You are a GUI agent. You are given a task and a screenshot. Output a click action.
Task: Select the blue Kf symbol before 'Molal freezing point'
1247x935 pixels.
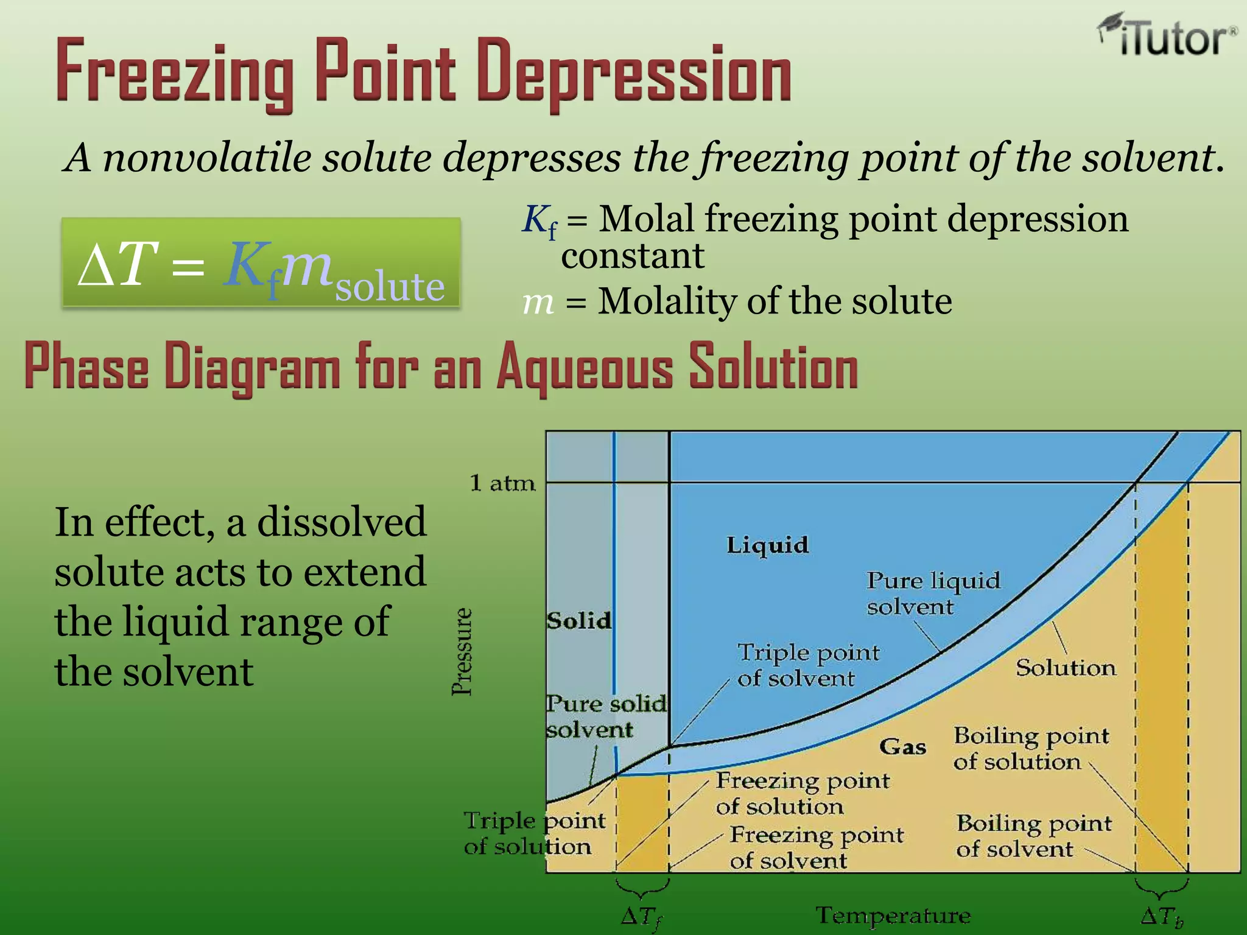pyautogui.click(x=539, y=222)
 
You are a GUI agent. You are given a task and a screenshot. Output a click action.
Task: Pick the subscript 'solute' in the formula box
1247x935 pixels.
pyautogui.click(x=390, y=287)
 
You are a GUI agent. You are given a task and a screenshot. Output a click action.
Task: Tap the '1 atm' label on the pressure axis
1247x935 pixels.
pyautogui.click(x=502, y=483)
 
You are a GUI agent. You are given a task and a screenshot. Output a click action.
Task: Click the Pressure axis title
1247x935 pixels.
pyautogui.click(x=462, y=651)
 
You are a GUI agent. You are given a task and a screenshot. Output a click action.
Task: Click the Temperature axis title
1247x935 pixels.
pyautogui.click(x=893, y=916)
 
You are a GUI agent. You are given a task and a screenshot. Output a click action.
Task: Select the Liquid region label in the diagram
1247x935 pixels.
pyautogui.click(x=767, y=545)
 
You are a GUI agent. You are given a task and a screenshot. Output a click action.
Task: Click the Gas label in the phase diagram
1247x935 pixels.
pyautogui.click(x=902, y=746)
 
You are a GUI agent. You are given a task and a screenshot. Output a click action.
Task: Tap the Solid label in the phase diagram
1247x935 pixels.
pyautogui.click(x=578, y=621)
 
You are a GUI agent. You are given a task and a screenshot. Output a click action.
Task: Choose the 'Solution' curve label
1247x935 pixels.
pyautogui.click(x=1066, y=668)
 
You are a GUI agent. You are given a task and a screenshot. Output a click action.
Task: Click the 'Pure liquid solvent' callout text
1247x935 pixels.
pyautogui.click(x=933, y=594)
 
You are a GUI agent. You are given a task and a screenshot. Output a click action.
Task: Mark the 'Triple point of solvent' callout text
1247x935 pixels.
pyautogui.click(x=808, y=665)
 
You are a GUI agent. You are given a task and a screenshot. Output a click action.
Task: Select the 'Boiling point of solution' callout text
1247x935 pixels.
pyautogui.click(x=1030, y=749)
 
